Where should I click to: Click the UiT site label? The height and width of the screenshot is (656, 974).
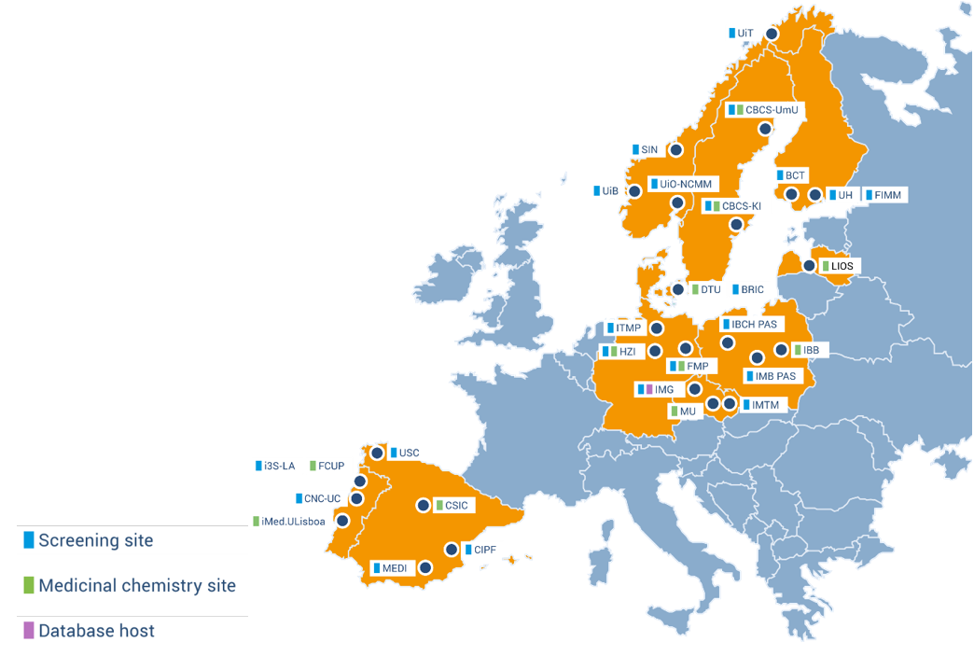(x=744, y=33)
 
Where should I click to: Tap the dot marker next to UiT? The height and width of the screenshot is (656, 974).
(x=772, y=34)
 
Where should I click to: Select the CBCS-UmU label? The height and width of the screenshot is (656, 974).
(x=772, y=110)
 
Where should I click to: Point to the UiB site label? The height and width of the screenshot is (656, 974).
(x=610, y=191)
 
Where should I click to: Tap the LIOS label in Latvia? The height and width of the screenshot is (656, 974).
(x=842, y=267)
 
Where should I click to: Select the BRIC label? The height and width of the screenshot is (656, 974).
(x=752, y=290)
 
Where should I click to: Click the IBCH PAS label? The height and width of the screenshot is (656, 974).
(x=755, y=325)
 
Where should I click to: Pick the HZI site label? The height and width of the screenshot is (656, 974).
(x=627, y=352)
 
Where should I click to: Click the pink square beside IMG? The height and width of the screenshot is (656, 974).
(x=649, y=389)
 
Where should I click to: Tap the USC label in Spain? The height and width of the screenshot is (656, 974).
(x=409, y=454)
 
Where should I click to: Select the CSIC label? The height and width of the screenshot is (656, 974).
(x=455, y=506)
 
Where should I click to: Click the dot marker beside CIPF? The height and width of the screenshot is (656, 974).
(x=452, y=550)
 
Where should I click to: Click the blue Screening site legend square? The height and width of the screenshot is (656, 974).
(x=29, y=539)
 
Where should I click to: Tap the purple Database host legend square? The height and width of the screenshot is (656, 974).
(x=29, y=631)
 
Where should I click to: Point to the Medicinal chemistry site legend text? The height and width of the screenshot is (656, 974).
(x=137, y=586)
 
